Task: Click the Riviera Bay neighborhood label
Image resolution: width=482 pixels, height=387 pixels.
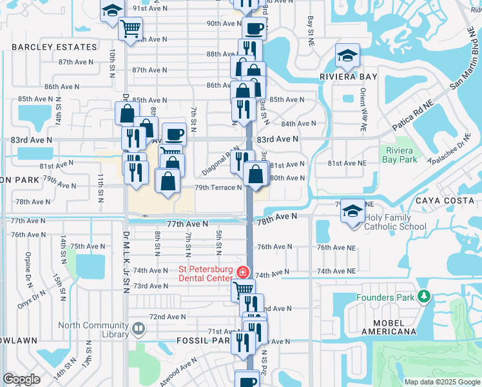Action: [348, 76]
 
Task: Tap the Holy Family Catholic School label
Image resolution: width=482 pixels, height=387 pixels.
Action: [395, 222]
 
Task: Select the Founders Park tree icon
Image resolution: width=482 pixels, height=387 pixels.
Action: [423, 296]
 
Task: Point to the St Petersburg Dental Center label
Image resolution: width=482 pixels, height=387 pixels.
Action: [206, 273]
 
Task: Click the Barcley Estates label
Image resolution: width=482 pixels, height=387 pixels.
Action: [54, 47]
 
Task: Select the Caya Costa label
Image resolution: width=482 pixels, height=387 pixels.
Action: [449, 201]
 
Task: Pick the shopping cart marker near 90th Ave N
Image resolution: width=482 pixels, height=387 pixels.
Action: [131, 28]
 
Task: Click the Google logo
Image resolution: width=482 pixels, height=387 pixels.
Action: [21, 379]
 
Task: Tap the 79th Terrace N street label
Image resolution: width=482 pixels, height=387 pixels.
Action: [218, 188]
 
